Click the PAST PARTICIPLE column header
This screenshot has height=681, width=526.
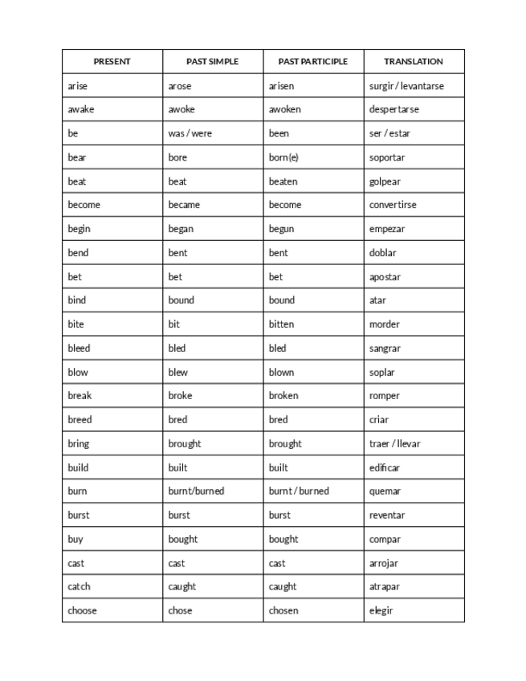click(x=313, y=61)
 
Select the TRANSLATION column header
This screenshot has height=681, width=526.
click(x=414, y=61)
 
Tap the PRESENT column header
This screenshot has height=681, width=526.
click(x=112, y=61)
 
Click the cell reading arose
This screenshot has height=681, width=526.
click(x=180, y=86)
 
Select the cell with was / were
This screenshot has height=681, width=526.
click(x=190, y=133)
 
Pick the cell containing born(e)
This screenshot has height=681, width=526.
click(x=283, y=157)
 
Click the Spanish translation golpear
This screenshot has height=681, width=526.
click(x=385, y=181)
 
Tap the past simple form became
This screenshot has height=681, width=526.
click(x=184, y=205)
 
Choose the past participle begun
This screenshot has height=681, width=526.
click(x=281, y=229)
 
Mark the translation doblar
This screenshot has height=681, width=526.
click(x=383, y=253)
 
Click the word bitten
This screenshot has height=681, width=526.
click(x=281, y=324)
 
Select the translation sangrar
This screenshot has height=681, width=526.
click(x=385, y=349)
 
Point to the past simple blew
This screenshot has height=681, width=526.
click(x=178, y=372)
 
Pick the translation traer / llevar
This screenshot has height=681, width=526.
click(x=394, y=443)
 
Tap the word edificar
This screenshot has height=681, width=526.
click(x=385, y=467)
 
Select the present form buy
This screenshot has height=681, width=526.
click(x=75, y=539)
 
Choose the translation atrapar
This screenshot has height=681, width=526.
click(x=385, y=586)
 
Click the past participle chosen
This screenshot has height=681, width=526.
click(x=283, y=610)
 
